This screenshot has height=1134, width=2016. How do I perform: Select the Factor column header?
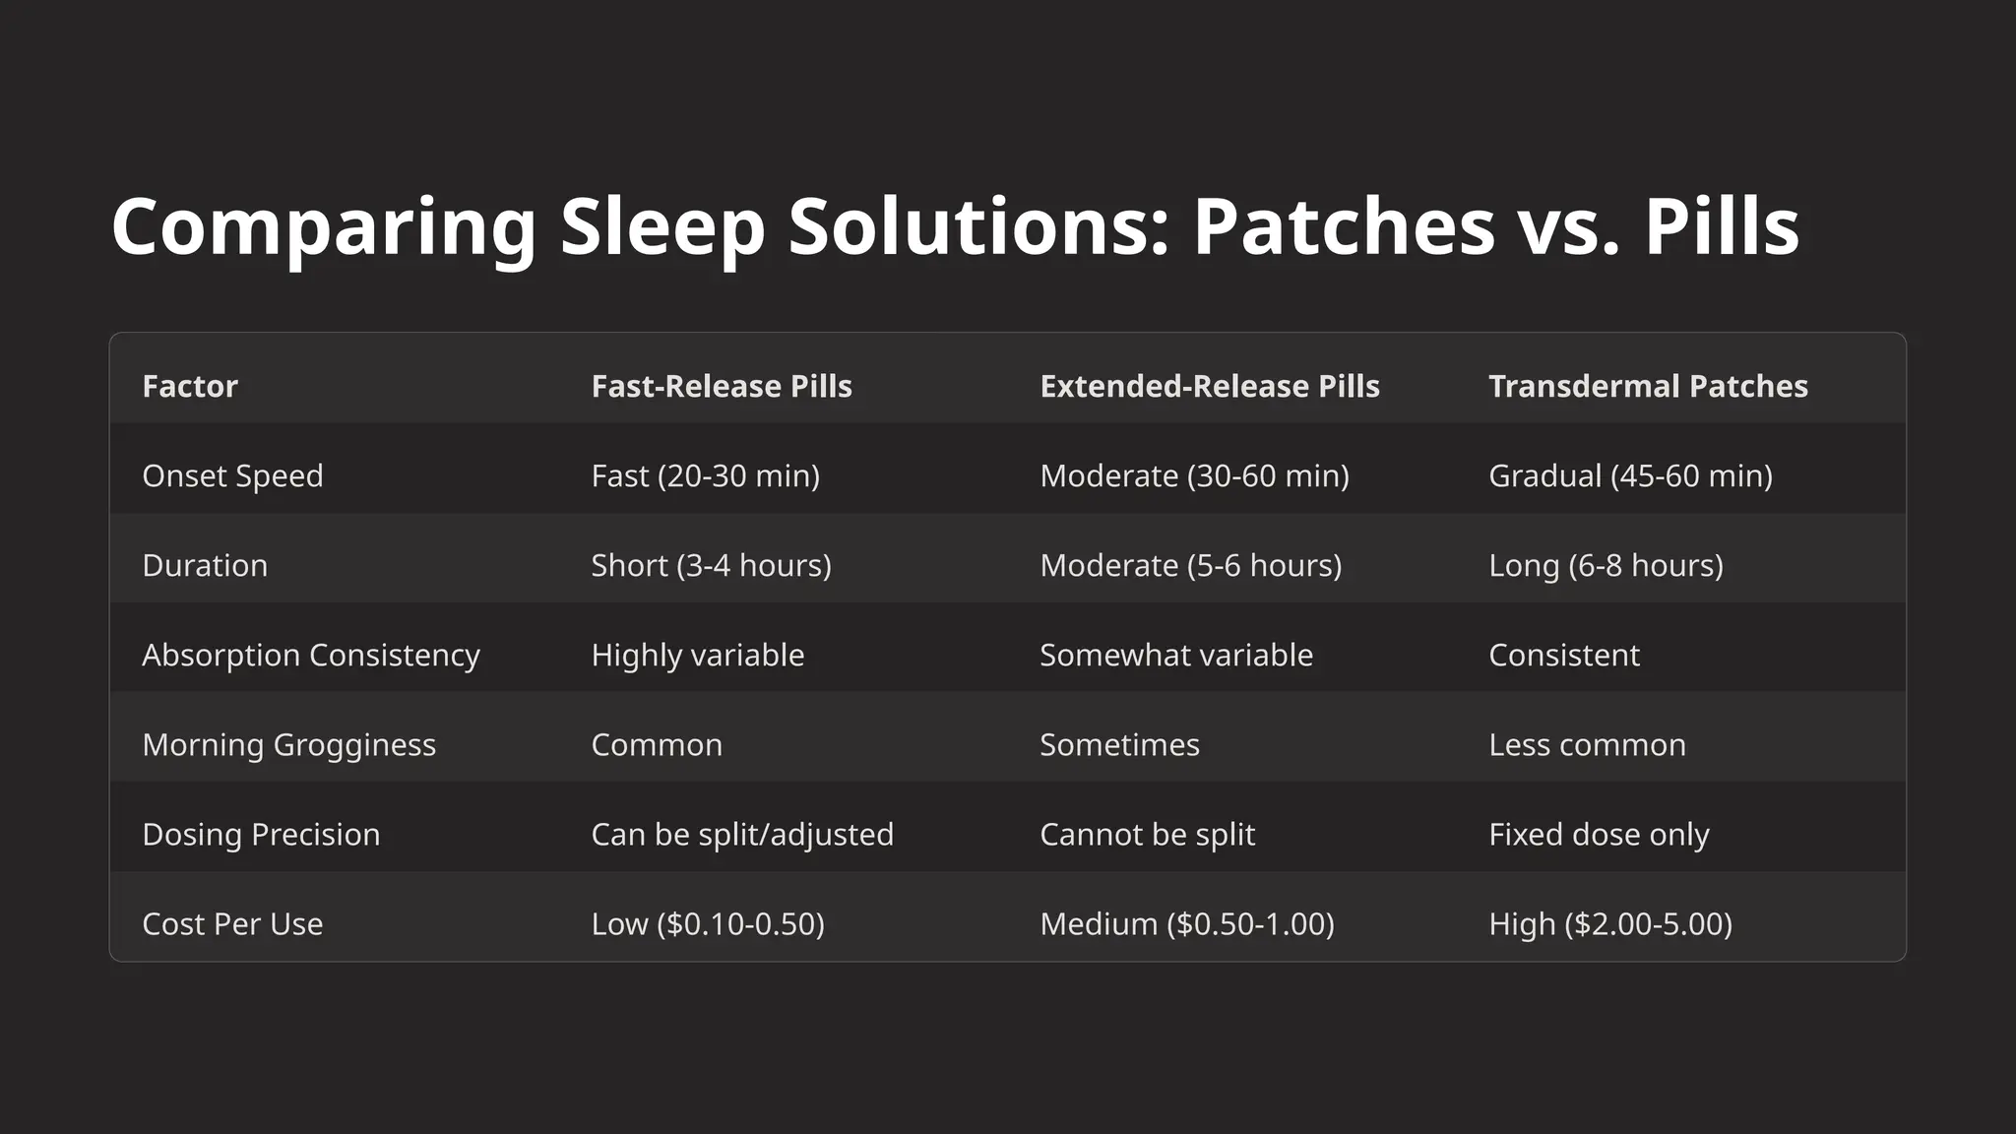coord(190,386)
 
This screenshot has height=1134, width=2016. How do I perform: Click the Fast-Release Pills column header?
coord(722,386)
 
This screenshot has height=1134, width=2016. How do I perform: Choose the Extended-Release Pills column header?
coord(1210,386)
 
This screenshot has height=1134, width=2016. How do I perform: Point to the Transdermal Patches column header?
coord(1648,386)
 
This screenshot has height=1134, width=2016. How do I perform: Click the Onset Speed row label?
coord(232,475)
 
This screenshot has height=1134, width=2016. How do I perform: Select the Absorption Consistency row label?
coord(311,655)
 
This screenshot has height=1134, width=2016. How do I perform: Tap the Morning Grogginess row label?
coord(288,744)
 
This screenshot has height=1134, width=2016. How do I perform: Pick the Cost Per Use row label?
coord(232,923)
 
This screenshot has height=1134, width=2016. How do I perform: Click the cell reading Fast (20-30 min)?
coord(705,475)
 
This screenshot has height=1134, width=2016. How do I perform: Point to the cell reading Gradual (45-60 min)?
coord(1630,475)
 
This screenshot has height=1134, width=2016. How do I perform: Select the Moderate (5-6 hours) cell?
coord(1191,565)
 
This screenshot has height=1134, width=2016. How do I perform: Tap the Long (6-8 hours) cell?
coord(1606,565)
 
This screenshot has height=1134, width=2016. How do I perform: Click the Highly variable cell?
coord(697,655)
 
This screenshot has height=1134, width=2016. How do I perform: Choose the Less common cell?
coord(1587,744)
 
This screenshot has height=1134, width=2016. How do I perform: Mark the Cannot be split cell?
coord(1147,834)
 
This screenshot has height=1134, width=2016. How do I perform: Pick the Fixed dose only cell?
coord(1599,834)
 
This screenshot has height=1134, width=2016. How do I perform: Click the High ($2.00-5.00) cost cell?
coord(1610,923)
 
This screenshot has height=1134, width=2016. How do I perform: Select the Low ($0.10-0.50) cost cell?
coord(708,923)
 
